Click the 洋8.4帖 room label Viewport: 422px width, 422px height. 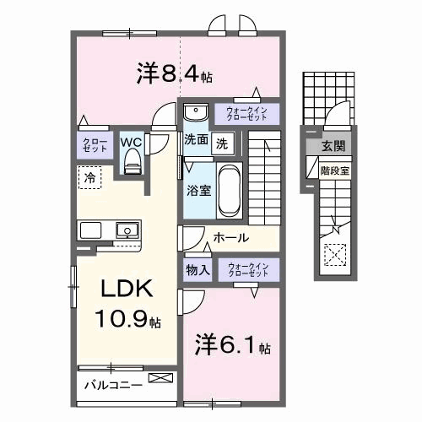tap(175, 74)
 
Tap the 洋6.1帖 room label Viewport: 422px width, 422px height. tap(233, 345)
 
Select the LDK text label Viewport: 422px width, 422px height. tap(127, 289)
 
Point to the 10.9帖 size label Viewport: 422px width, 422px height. tap(127, 318)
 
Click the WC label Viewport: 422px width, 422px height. tap(131, 143)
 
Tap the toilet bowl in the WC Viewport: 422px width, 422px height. tap(132, 161)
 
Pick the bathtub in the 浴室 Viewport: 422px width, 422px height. tap(230, 191)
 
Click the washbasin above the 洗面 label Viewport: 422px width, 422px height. tap(196, 112)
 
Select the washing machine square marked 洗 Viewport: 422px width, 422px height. tap(223, 143)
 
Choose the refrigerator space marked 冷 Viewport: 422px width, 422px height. tap(89, 177)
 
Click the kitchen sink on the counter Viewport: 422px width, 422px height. tap(127, 230)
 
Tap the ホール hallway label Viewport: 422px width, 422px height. tap(231, 238)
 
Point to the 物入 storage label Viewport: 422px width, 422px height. tap(197, 270)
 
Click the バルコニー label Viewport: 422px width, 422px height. tap(113, 385)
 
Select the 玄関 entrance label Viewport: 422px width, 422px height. tap(333, 146)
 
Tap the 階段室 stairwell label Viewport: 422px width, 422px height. tap(335, 170)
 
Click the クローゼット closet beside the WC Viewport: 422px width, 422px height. tap(95, 145)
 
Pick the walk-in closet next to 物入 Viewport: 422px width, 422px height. tap(249, 269)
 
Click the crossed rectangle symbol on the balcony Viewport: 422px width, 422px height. tap(160, 378)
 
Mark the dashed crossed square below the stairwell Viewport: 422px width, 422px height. tap(335, 255)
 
